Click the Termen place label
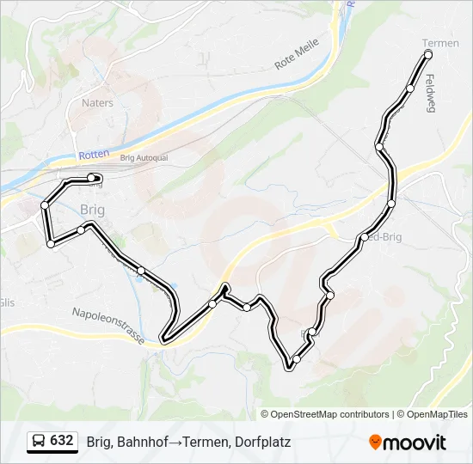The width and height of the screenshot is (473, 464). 440,43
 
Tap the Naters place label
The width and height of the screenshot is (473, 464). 97,103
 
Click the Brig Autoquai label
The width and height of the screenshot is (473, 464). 143,158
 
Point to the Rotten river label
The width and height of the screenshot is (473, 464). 94,154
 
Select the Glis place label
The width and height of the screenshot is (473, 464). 7,302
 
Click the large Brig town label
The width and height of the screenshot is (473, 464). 92,209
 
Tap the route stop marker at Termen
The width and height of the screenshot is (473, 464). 428,55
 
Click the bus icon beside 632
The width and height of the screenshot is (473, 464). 39,441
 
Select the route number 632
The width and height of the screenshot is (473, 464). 62,441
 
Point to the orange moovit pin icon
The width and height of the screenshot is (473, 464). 375,443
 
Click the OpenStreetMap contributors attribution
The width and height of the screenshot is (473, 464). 330,414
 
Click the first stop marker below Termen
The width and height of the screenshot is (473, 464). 411,89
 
